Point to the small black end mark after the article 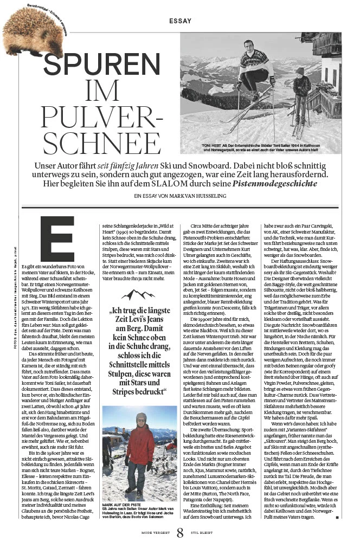tap(337, 518)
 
